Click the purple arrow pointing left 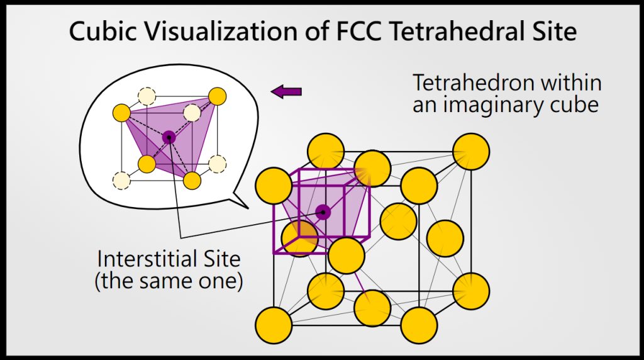coord(286,92)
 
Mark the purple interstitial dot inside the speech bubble coord(168,137)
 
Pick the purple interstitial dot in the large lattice coord(323,212)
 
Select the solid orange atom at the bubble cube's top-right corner coord(217,96)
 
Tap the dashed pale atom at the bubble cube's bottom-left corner coord(121,181)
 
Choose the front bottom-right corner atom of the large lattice coord(418,325)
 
